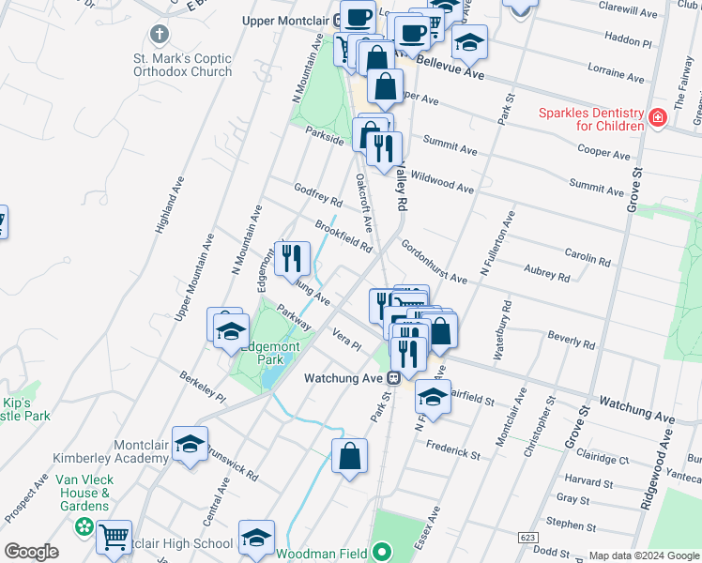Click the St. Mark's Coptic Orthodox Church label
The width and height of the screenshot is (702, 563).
pos(182,65)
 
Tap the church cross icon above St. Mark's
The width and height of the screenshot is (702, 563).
pos(160,36)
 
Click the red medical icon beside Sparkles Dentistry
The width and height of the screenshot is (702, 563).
pos(657,119)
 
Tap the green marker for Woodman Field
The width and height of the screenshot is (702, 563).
pos(382,551)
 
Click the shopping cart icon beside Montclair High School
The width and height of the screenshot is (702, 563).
pos(114,537)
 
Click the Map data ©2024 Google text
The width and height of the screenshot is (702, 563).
pos(643,555)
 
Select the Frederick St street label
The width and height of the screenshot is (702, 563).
pos(454,449)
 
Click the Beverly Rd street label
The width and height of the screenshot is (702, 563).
pos(572,340)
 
